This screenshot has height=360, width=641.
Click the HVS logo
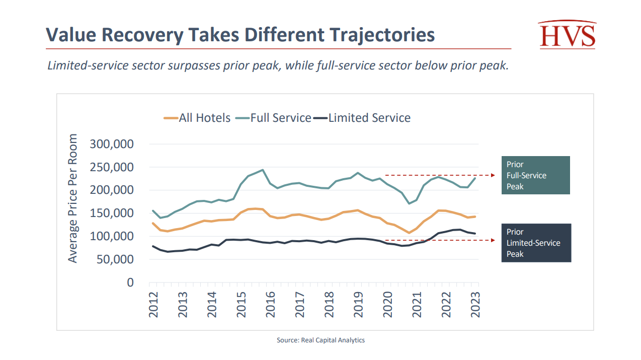(567, 35)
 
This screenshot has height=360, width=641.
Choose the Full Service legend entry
(274, 118)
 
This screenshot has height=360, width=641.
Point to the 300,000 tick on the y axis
(112, 145)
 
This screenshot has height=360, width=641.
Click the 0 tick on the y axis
(130, 282)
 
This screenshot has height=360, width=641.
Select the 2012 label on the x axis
(153, 304)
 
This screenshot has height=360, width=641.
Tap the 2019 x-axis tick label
(358, 304)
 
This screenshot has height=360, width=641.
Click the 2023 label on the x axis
(475, 304)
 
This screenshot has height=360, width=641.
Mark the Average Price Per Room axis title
(73, 198)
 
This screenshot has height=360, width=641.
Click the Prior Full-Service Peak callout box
(535, 175)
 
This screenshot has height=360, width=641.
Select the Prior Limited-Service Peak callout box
(536, 243)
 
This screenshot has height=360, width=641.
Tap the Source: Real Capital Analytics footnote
(320, 340)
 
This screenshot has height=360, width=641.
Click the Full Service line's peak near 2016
(263, 170)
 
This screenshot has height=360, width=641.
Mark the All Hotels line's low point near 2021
(409, 233)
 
